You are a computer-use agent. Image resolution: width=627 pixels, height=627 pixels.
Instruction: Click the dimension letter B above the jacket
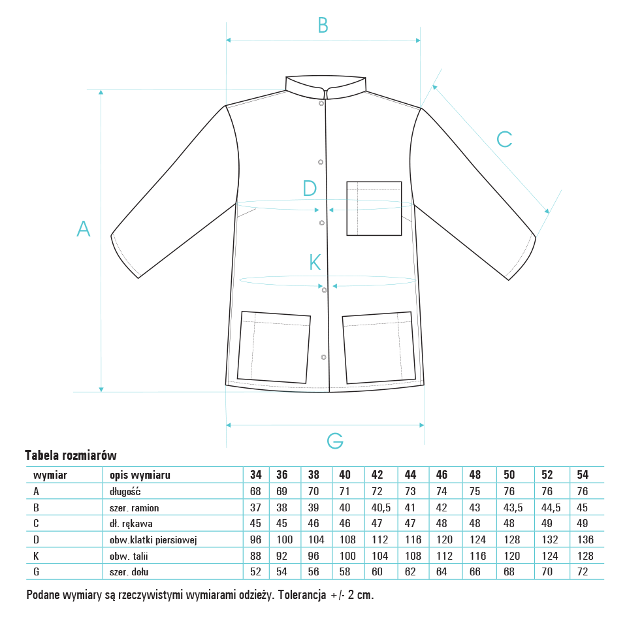pos(323,25)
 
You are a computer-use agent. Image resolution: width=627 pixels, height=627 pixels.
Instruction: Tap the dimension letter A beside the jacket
pos(84,229)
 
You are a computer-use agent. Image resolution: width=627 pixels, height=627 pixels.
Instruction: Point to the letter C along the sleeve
pos(504,140)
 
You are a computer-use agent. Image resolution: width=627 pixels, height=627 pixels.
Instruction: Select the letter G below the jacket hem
pos(335,441)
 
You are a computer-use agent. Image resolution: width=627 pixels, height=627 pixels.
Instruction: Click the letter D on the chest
pos(310,188)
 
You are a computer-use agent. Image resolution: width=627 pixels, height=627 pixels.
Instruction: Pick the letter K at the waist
pos(315,263)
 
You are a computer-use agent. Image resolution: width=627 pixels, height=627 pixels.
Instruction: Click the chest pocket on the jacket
pos(374,208)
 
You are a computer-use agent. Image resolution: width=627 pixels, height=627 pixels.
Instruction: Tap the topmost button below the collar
pos(321,104)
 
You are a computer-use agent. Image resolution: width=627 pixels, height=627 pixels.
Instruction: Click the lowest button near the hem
pos(323,357)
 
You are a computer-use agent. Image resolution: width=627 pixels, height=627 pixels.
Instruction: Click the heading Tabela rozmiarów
pos(71,455)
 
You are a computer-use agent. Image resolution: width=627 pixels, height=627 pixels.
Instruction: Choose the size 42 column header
pos(377,475)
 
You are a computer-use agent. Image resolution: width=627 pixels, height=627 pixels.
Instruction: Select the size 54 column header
pos(583,475)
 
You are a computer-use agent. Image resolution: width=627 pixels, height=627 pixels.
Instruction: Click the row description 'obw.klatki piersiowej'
pos(153,540)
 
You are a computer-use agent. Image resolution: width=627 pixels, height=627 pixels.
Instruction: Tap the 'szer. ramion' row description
pos(134,508)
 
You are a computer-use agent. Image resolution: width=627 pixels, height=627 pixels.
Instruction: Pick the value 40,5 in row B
pos(381,507)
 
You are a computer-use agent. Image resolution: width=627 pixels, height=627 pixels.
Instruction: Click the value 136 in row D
pos(585,539)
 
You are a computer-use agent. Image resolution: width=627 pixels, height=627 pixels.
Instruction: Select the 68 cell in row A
pos(255,491)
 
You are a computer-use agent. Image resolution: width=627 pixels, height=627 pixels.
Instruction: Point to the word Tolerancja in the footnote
pos(302,595)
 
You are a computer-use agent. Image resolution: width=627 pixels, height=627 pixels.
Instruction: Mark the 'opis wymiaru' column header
pos(140,475)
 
